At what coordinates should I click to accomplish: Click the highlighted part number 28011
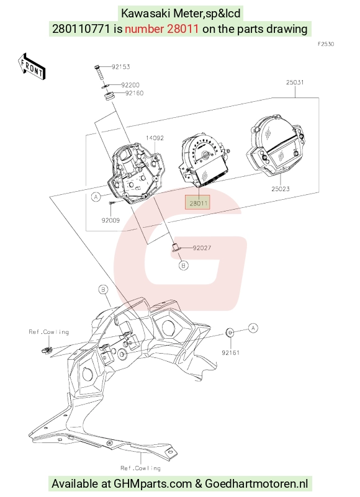coord(198,203)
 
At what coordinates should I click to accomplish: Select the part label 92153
coord(121,67)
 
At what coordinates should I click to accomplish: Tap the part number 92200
coord(130,85)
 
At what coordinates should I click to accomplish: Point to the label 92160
coord(135,93)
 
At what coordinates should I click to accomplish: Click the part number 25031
coord(295,83)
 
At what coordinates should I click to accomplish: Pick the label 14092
coord(155,138)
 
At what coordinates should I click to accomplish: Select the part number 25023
coord(281,189)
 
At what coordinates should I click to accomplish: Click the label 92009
coord(110,220)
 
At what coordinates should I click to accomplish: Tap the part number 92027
coord(202,248)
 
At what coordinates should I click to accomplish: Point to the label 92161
coord(231,352)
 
